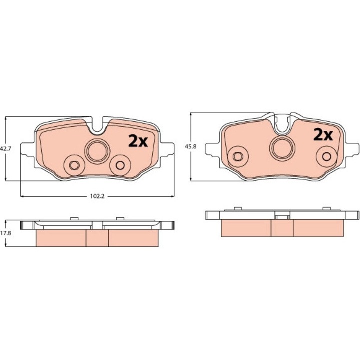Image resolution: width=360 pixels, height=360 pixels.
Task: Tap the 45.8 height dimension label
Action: [190, 147]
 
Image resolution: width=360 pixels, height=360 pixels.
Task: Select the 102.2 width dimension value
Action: [97, 196]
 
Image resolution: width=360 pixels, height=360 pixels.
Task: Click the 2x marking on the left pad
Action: [138, 141]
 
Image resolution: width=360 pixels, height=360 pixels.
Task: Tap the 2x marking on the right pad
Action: [323, 134]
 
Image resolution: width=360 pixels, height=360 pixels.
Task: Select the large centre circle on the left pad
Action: [97, 150]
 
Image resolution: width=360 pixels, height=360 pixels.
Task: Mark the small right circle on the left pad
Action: [120, 164]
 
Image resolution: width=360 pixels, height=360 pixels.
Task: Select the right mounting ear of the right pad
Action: [353, 148]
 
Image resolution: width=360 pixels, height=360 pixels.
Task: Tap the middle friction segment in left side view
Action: [97, 238]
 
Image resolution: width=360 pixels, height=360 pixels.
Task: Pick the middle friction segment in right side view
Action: [282, 228]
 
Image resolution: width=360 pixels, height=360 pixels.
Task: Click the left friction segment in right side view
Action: [245, 228]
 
